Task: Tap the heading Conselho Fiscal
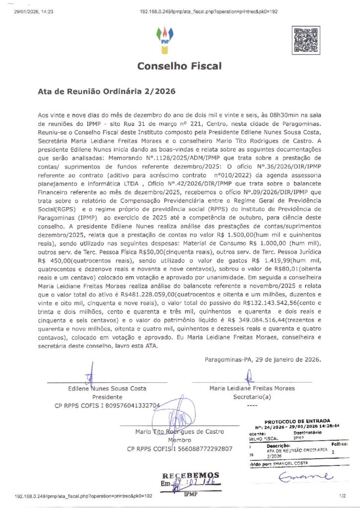[180, 66]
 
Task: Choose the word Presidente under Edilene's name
[107, 397]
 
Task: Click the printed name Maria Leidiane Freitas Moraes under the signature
[252, 388]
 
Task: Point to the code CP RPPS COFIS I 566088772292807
[180, 449]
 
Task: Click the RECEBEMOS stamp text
[190, 475]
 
